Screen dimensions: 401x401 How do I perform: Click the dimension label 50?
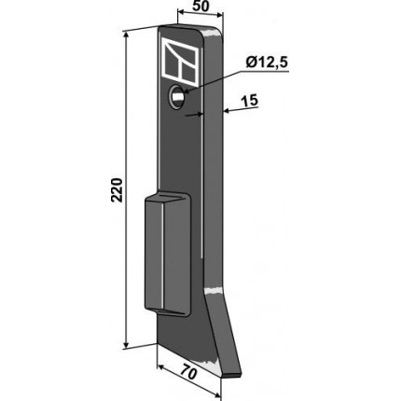tap(200, 7)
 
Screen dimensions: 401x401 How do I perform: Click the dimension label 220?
tap(117, 190)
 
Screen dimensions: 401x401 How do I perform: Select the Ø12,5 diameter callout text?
tap(267, 62)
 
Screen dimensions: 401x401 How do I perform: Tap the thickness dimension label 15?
tap(249, 101)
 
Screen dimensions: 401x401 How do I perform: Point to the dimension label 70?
tap(188, 372)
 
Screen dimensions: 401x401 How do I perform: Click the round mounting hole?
tap(176, 96)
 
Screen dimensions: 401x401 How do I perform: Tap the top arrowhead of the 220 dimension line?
tap(126, 35)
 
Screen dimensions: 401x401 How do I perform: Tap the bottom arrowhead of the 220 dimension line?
tap(126, 344)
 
